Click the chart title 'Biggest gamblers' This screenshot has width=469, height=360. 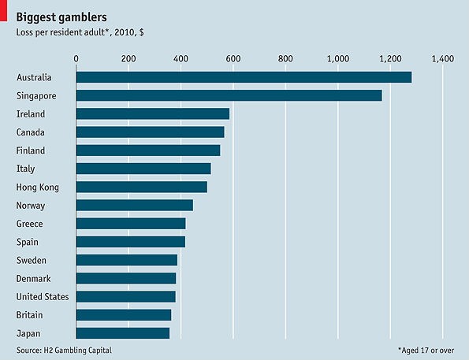[62, 16]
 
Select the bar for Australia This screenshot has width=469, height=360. [244, 77]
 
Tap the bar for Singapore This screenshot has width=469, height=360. [229, 95]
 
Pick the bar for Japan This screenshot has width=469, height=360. [122, 333]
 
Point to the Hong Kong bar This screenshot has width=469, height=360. [141, 187]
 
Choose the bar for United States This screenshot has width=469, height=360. [125, 297]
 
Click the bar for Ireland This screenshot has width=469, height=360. [152, 113]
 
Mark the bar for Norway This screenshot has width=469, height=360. [134, 206]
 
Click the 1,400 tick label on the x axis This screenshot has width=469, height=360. [442, 58]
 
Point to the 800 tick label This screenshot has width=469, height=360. [285, 58]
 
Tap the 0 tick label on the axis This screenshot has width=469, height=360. [76, 58]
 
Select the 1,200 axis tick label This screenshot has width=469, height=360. [389, 58]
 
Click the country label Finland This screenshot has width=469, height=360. [31, 150]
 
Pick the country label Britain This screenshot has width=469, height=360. [30, 315]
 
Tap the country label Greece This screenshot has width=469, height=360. [30, 224]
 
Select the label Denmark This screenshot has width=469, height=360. [33, 279]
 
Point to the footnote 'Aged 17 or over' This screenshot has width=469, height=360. [426, 348]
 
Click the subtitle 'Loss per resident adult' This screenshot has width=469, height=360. [75, 32]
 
